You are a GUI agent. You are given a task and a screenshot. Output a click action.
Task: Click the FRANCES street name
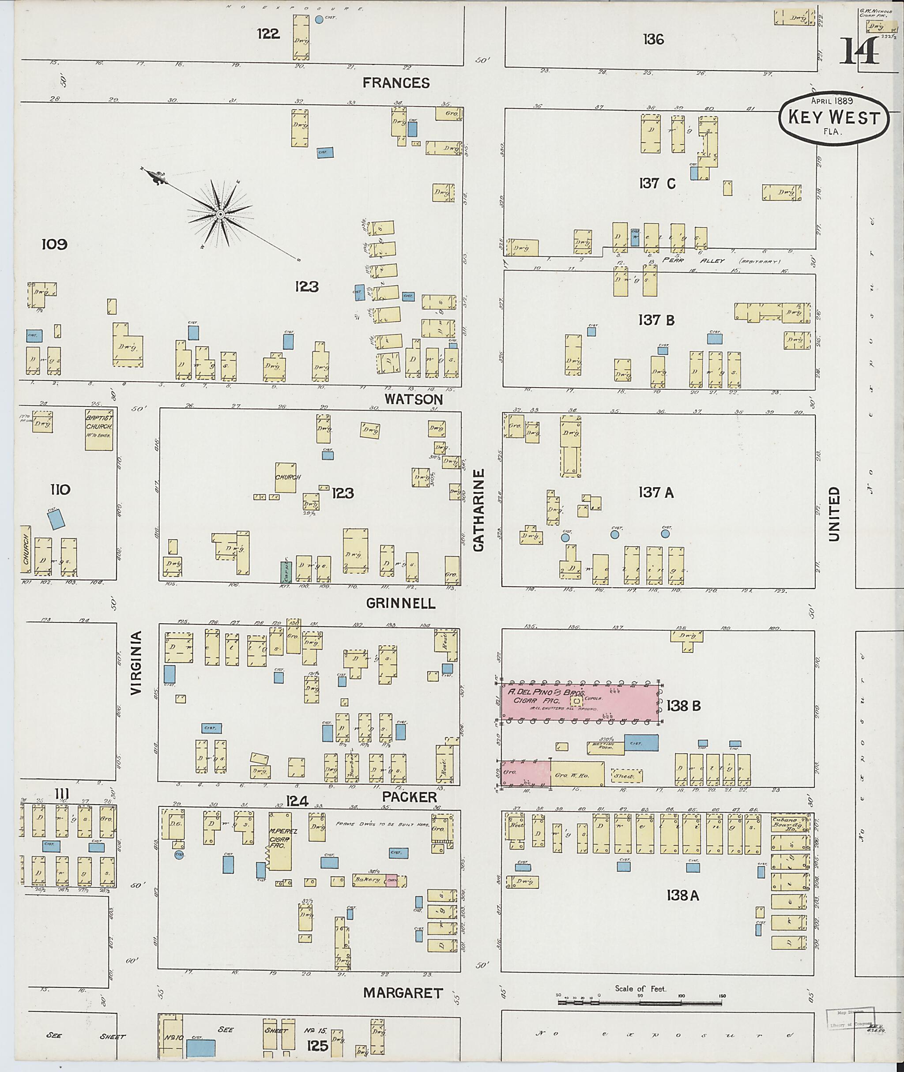click(395, 83)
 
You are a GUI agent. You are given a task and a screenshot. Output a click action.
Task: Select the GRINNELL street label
click(401, 604)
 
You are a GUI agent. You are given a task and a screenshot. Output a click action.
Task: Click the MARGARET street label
click(403, 993)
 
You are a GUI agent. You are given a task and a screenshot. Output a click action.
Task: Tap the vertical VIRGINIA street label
click(136, 662)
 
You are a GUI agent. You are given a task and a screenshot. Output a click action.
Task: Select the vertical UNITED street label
click(834, 513)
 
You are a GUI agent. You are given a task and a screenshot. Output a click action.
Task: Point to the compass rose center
click(220, 214)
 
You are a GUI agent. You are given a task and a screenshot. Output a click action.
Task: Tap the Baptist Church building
click(99, 429)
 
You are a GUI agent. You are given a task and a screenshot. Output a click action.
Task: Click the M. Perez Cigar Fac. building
click(280, 841)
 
